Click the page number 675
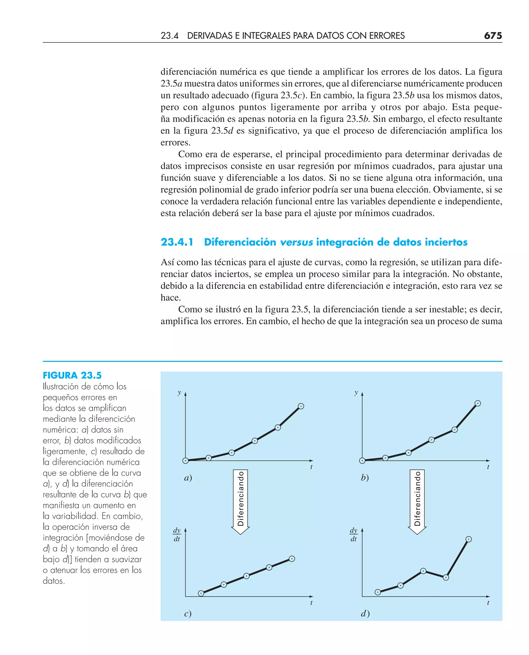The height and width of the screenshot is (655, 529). coord(493,36)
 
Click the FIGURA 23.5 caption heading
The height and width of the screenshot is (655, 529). coord(72,375)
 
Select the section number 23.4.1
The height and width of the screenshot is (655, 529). coord(177,242)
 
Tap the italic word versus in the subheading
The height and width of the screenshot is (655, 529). coord(296,242)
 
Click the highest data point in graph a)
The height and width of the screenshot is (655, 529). coord(301,406)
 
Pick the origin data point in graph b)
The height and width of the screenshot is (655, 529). coord(362,461)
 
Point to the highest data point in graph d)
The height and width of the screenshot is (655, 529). coord(469,539)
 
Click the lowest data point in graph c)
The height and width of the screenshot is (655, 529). coord(201,593)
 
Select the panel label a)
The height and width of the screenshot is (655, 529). coord(188,478)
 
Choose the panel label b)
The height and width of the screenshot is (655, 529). coord(365,478)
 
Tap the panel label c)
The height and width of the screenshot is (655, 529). coord(188,613)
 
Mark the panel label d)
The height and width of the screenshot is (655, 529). coord(365,613)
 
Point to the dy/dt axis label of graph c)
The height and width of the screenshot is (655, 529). coord(177,535)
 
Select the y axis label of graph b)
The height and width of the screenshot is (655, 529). coord(356,392)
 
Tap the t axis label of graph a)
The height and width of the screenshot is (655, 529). coord(311,467)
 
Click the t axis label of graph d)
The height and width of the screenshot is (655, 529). coord(488,603)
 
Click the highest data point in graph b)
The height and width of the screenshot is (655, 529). coord(478,403)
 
